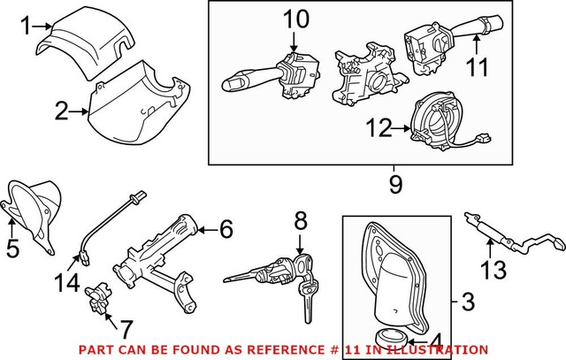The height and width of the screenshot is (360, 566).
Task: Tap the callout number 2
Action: [x=60, y=111]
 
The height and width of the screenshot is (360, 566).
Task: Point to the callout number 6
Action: [x=226, y=231]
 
